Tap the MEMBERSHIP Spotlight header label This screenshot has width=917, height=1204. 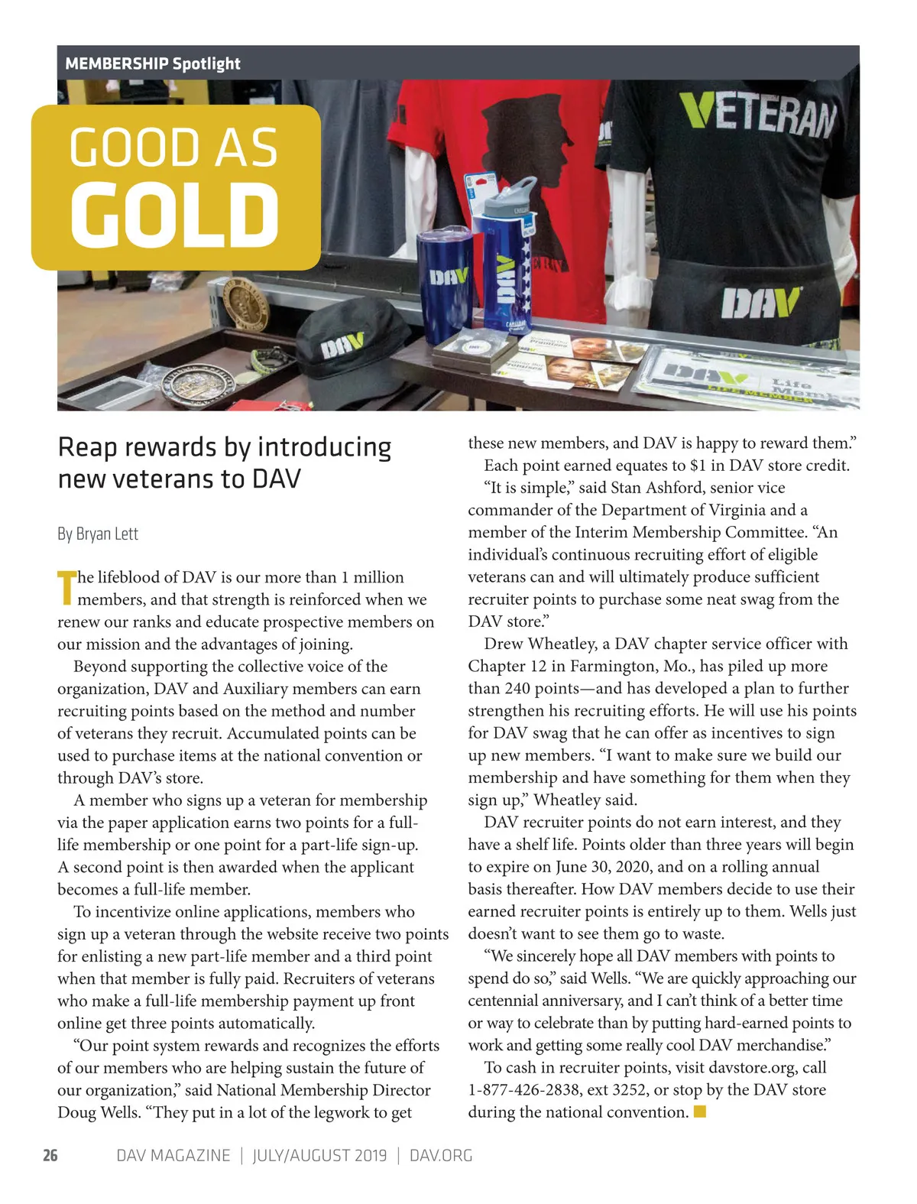pos(153,63)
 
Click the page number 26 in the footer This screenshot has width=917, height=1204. pos(50,1155)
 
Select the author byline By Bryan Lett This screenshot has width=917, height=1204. pos(98,534)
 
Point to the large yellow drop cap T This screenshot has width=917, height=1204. pos(67,587)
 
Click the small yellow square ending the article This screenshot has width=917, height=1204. pos(700,1112)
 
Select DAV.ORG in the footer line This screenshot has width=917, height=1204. pos(441,1155)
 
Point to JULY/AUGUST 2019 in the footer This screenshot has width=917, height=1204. pos(319,1155)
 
